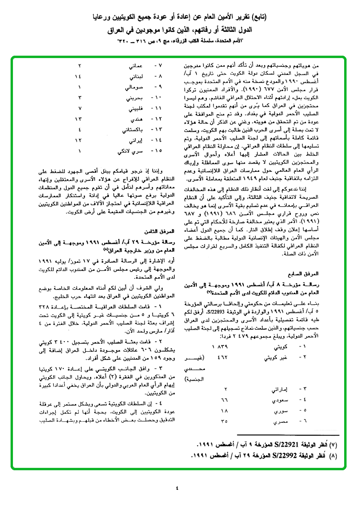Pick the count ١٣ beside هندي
click(x=79, y=118)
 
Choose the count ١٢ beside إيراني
click(x=79, y=141)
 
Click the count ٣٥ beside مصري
click(x=224, y=422)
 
